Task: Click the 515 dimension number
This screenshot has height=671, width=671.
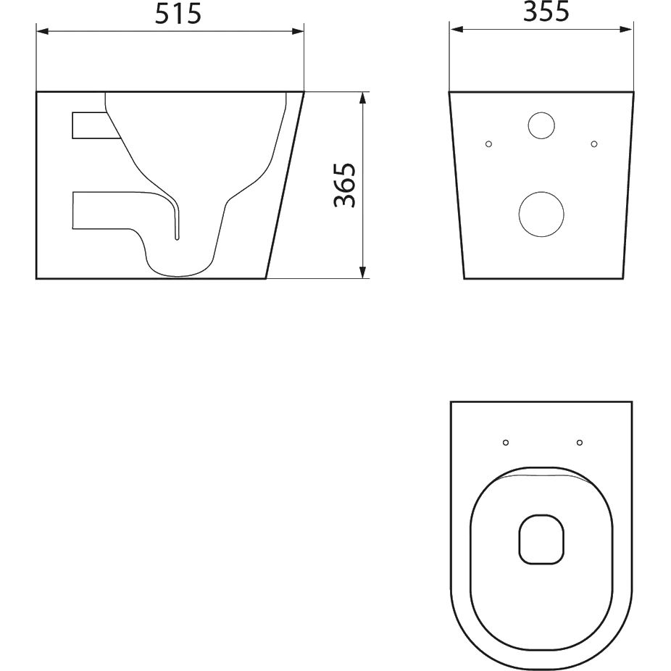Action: pos(178,14)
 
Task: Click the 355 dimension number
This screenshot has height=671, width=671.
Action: pos(546,12)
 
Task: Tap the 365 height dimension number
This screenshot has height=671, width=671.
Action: pos(345,185)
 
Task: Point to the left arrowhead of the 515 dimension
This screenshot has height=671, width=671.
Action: pos(42,31)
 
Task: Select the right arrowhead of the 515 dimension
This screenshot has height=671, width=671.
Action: pos(298,31)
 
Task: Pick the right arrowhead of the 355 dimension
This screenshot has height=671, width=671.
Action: pos(625,29)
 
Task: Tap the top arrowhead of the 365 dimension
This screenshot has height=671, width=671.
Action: pos(362,98)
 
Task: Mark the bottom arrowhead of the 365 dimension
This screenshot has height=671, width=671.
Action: pos(362,272)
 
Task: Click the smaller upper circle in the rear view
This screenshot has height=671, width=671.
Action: pos(541,125)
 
